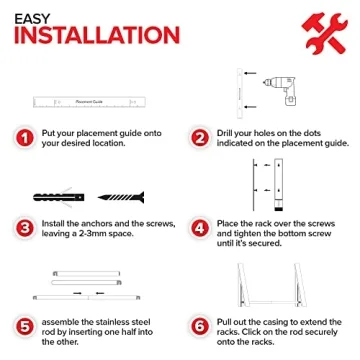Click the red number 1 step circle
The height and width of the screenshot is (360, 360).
point(25,138)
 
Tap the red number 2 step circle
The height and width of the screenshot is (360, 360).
point(200,138)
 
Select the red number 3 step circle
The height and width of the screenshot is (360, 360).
point(25,229)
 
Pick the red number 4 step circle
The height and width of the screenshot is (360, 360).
point(200,229)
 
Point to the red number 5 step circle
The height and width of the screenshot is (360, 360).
point(25,327)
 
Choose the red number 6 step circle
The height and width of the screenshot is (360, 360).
point(200,327)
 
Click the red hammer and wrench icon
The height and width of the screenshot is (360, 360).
point(324,33)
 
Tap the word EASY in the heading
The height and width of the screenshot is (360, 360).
point(32,19)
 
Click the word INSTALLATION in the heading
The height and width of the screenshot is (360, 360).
point(97,35)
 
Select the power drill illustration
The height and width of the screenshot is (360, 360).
point(281,91)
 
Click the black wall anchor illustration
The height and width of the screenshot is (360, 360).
point(59,197)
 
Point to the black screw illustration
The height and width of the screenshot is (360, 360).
point(121,197)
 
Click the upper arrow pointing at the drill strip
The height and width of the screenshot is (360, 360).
point(250,73)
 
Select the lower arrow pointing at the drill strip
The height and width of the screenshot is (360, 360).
point(250,107)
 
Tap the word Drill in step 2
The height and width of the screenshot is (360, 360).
point(225,133)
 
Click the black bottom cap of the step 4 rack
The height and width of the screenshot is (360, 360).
point(278,209)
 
